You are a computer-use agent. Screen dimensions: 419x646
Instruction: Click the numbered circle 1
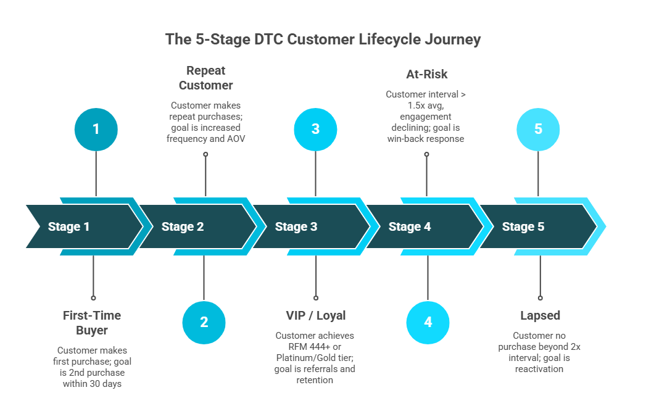coord(96,129)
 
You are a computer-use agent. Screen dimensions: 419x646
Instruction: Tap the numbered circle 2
coord(204,322)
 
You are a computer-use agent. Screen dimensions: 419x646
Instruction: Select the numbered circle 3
coord(316,129)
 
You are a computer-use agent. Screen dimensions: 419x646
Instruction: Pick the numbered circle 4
coord(428,322)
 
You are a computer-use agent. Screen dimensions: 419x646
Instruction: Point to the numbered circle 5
coord(538,129)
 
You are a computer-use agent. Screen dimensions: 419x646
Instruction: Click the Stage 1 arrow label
coord(69,226)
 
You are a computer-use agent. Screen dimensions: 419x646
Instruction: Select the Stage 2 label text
coord(183,226)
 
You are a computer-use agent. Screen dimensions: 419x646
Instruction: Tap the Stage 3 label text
coord(296,226)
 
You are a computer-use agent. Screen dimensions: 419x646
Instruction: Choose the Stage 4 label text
coord(410,226)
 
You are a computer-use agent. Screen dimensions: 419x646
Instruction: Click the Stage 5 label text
coord(523,226)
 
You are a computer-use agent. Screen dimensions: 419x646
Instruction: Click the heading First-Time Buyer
coord(92,323)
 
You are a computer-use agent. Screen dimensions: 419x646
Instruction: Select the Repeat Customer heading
coord(205,78)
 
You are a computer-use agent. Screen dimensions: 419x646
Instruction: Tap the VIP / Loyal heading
coord(315,315)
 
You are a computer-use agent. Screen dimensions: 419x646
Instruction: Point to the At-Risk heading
coord(426,74)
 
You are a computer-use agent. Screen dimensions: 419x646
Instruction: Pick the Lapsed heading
coord(540,315)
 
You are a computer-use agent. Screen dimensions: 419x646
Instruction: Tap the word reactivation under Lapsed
coord(540,368)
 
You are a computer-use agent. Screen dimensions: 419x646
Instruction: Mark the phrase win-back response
coord(426,139)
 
